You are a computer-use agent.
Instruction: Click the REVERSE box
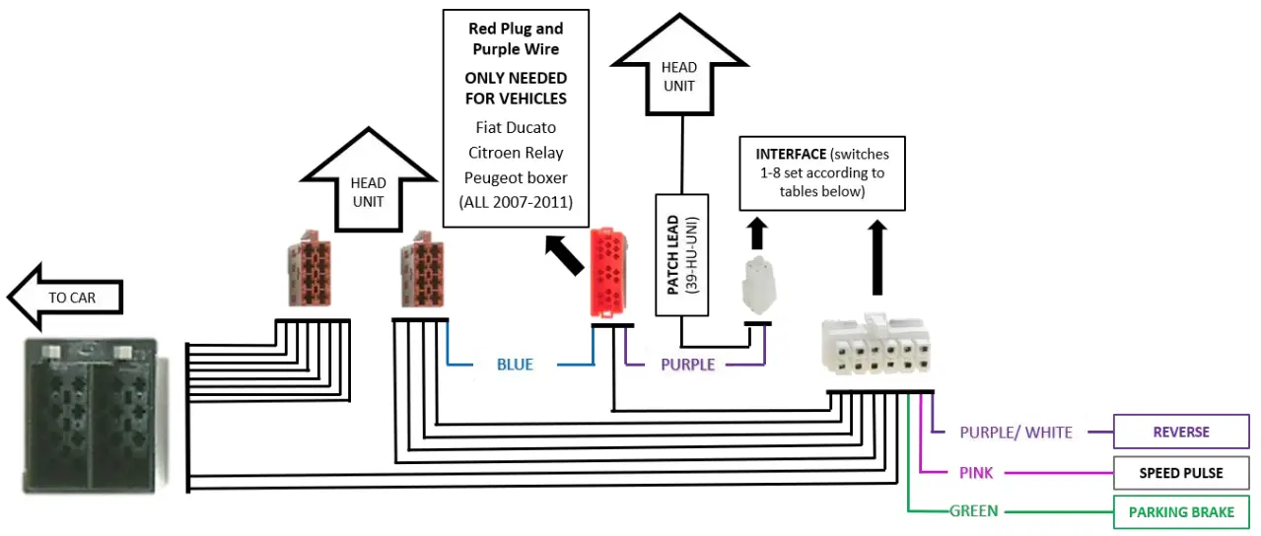tap(1181, 432)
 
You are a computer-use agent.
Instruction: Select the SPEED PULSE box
tap(1181, 473)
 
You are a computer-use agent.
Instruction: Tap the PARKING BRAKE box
tap(1181, 512)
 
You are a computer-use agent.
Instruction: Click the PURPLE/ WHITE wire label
tap(1016, 432)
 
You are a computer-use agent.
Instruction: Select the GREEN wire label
tap(973, 511)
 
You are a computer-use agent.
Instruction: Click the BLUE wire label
tap(515, 365)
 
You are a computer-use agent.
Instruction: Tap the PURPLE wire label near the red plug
tap(687, 365)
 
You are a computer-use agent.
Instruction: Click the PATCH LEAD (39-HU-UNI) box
tap(681, 253)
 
